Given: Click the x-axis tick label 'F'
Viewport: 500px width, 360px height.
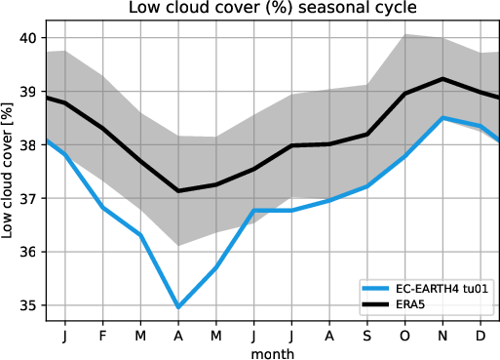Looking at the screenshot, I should tap(102, 336).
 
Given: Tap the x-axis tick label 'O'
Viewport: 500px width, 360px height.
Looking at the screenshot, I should tap(404, 336).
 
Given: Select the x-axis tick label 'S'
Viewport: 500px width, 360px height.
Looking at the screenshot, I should tap(367, 336).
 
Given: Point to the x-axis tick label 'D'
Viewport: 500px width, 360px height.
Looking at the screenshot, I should tap(481, 336).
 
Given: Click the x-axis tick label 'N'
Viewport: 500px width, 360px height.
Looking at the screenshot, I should tap(442, 336).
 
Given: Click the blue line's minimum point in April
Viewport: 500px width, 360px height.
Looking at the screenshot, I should tap(178, 307).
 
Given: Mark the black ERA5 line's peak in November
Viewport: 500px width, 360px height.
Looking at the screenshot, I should tap(442, 79).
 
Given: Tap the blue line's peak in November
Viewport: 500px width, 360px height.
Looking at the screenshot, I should tap(442, 118).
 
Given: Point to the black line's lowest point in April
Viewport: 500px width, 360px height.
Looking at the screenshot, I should tap(178, 190).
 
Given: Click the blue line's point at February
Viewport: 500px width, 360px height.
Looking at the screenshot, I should tap(102, 207).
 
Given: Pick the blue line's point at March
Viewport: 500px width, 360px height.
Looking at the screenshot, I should tap(140, 235).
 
